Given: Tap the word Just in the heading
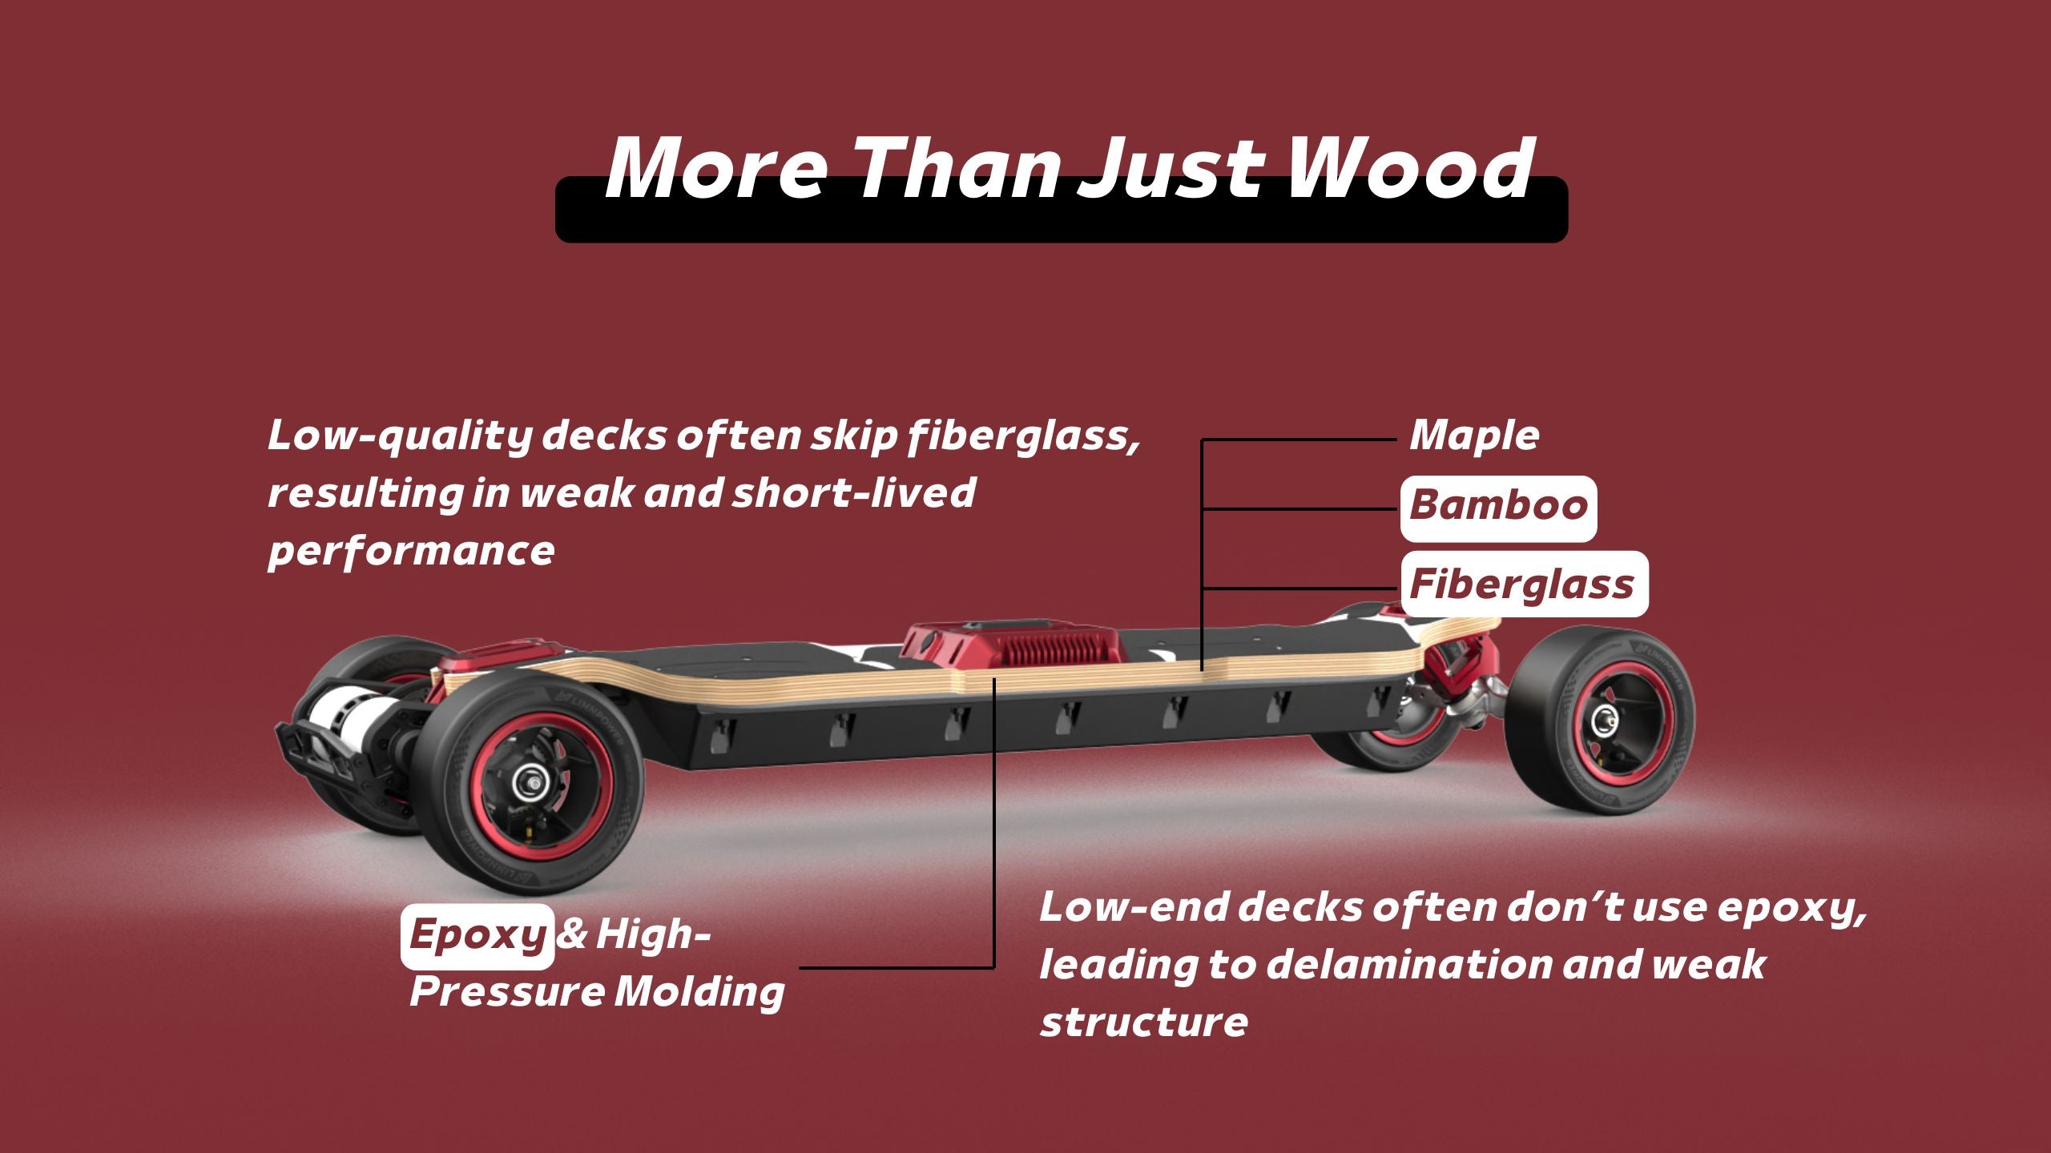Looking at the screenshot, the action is click(x=1170, y=169).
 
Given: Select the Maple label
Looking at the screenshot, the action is click(x=1474, y=436).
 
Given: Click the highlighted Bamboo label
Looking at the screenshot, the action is click(x=1498, y=508).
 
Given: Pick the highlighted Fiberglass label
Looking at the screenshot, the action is click(x=1524, y=584).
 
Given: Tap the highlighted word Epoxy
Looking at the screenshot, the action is click(x=477, y=936).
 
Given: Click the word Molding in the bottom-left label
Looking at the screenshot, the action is click(x=699, y=992).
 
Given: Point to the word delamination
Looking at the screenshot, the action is click(x=1408, y=964).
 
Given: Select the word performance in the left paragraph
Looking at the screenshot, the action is click(x=411, y=552).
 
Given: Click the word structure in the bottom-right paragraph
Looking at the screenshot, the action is click(x=1143, y=1022).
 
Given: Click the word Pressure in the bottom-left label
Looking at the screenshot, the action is click(x=506, y=992).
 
